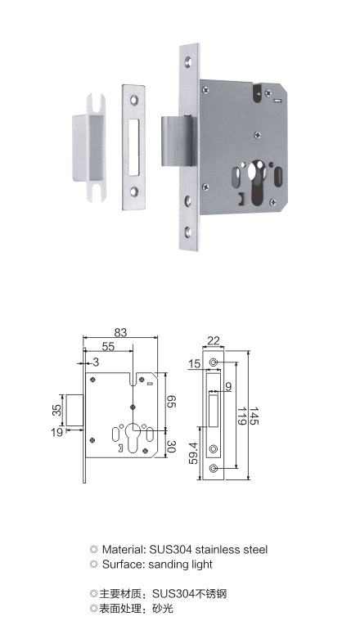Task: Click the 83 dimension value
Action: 120,332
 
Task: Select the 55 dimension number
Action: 108,346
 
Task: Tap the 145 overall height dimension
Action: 254,416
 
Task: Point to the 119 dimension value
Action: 241,416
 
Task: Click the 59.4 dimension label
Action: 194,452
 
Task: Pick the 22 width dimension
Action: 214,340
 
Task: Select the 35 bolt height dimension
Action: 56,410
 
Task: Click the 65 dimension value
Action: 171,401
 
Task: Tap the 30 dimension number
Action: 171,447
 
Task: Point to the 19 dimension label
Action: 57,432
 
